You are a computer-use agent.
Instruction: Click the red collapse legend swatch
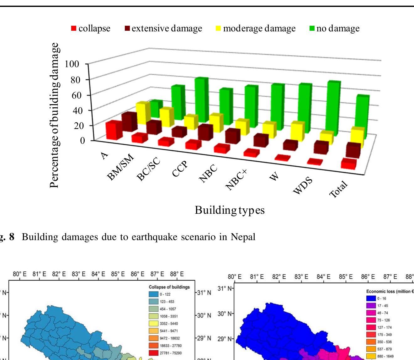(74, 29)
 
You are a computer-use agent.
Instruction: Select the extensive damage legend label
(167, 29)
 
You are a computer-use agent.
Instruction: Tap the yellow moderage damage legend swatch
(218, 29)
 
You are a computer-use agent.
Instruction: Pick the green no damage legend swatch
(312, 29)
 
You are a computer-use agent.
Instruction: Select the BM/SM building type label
(120, 168)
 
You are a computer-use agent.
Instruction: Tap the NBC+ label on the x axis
(237, 180)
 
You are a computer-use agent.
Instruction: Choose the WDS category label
(303, 185)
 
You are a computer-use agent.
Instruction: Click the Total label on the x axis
(339, 189)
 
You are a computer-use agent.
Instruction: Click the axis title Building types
(230, 210)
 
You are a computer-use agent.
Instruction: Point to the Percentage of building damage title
(54, 115)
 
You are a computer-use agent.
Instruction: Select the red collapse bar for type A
(114, 130)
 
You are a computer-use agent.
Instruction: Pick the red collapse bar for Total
(349, 164)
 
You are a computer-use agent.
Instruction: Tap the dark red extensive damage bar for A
(129, 122)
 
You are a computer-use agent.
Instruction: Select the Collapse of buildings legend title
(169, 287)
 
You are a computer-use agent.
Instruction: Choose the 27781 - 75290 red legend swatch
(154, 353)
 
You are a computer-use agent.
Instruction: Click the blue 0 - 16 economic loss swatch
(371, 298)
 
